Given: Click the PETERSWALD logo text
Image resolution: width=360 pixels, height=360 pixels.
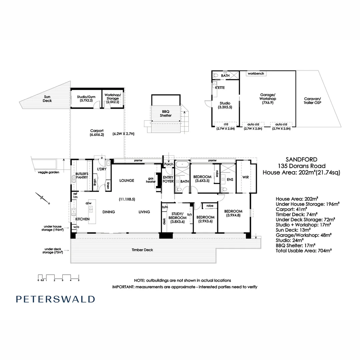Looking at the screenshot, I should (x=55, y=299).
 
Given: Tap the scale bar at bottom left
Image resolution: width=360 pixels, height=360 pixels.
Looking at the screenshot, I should (x=58, y=277).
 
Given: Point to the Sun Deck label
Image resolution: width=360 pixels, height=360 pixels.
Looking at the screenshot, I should (x=47, y=98).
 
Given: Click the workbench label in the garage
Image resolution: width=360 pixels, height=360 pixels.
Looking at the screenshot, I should (x=256, y=73).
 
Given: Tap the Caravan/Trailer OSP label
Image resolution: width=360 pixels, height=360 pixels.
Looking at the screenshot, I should (x=312, y=101).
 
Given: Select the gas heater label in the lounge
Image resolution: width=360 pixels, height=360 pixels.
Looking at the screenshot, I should (x=151, y=180).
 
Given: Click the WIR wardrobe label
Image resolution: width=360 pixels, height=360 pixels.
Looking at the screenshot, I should (x=246, y=177).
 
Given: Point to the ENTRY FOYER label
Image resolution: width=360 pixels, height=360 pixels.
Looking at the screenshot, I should (x=168, y=179).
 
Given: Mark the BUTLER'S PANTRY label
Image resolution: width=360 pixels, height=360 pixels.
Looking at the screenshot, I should (x=81, y=176).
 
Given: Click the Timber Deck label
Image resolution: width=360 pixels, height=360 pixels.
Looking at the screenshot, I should (x=142, y=250).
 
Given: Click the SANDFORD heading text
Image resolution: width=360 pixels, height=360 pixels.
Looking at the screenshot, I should (x=301, y=160).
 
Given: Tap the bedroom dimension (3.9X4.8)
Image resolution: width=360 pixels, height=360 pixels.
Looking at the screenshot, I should (x=233, y=215).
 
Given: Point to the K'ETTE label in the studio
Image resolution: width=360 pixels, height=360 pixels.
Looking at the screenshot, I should (x=220, y=87).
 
